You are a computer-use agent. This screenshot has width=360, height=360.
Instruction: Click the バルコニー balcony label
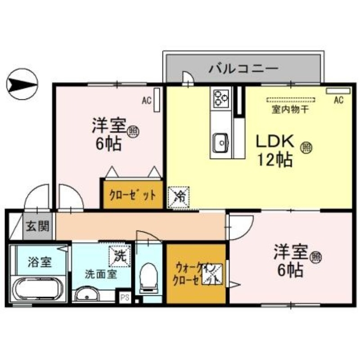click(243, 70)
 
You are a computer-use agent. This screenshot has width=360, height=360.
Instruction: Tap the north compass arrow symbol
click(23, 84)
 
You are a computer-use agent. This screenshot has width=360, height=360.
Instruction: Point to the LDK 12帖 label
click(274, 150)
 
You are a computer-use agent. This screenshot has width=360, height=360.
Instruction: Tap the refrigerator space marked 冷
click(179, 196)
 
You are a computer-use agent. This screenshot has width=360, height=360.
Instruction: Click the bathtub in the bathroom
click(39, 290)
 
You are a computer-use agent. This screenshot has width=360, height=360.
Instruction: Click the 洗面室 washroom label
click(101, 274)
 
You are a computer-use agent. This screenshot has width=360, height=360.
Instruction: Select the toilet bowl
click(148, 276)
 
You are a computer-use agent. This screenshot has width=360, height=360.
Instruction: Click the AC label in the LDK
click(338, 100)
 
